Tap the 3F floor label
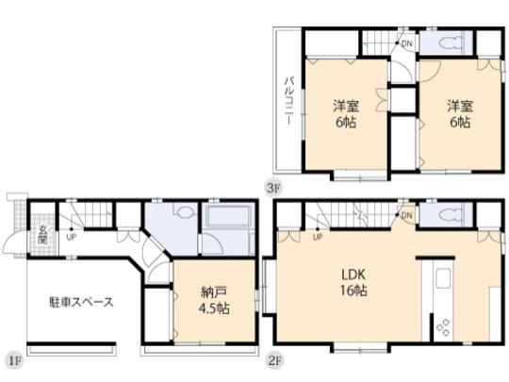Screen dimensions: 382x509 point(274,187)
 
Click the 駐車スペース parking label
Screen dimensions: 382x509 point(82,303)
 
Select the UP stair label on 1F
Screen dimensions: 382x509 point(73,236)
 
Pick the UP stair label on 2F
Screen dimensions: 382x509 point(318,236)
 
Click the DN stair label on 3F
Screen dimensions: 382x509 point(406,43)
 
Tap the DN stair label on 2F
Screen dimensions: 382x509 point(406,216)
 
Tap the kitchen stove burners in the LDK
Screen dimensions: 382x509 point(442,327)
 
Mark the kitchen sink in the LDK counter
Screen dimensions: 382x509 point(442,280)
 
